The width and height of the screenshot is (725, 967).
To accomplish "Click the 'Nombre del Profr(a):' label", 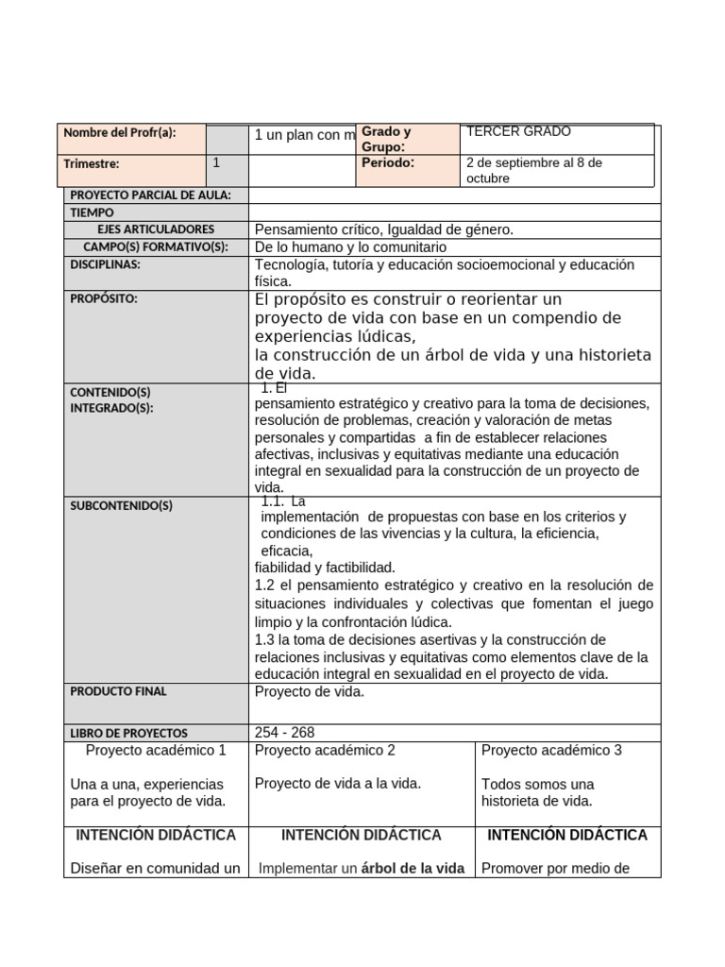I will coord(119,133).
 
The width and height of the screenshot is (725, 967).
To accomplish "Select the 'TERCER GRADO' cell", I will coord(518,132).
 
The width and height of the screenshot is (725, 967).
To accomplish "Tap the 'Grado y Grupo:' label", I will coord(386,140).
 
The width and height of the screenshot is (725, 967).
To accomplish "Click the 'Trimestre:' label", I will coord(92,164).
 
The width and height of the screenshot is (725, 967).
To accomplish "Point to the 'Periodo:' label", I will coord(387,162).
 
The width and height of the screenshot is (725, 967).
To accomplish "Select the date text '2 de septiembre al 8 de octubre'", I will coord(534,170).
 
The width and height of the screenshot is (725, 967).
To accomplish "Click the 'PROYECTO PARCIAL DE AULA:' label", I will coord(150,195).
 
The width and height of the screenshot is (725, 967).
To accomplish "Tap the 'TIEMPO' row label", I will coord(92,213).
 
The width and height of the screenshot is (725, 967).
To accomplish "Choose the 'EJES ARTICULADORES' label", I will coord(156,229).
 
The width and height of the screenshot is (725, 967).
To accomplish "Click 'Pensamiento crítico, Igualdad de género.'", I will coord(384,229).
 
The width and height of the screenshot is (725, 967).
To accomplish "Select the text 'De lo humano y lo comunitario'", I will coord(351,246).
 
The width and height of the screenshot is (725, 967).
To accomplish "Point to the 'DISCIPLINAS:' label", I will coord(105,264).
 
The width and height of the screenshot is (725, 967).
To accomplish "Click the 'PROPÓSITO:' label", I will coord(104,299).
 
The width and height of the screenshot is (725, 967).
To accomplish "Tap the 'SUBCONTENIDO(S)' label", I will coord(121,506).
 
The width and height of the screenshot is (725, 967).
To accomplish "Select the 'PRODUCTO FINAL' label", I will coord(118,691).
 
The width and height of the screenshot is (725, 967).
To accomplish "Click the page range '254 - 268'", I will coord(285,733).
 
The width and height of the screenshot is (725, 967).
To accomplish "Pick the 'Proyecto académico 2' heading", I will coord(325,750).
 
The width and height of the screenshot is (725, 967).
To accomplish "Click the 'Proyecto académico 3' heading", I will coord(551,750).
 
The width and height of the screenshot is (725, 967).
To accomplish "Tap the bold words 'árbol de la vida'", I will coord(413,869).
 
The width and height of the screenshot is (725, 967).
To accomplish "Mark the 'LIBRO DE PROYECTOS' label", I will coord(128,733).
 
